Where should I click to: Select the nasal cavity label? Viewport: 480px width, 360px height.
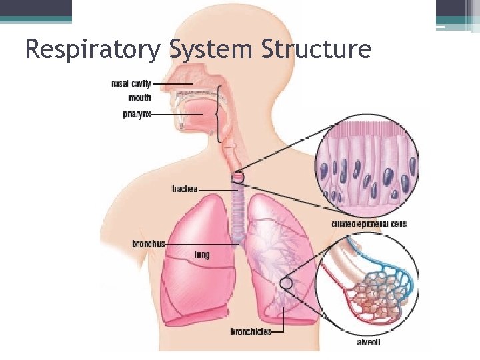click(131, 84)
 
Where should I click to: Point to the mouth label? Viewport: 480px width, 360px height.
click(139, 98)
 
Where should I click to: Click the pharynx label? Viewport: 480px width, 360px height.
click(137, 115)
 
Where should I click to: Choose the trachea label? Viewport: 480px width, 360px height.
click(185, 189)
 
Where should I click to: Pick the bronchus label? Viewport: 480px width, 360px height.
click(148, 244)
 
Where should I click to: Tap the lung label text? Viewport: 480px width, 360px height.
click(201, 254)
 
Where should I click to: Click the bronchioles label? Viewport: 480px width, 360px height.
click(251, 331)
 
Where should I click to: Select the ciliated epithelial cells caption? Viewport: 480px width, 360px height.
click(369, 224)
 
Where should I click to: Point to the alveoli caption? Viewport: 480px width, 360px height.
click(369, 343)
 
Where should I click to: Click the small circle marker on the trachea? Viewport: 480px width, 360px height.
click(238, 177)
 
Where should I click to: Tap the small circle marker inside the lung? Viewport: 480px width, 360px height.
click(286, 284)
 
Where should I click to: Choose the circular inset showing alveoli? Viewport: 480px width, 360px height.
click(368, 287)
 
